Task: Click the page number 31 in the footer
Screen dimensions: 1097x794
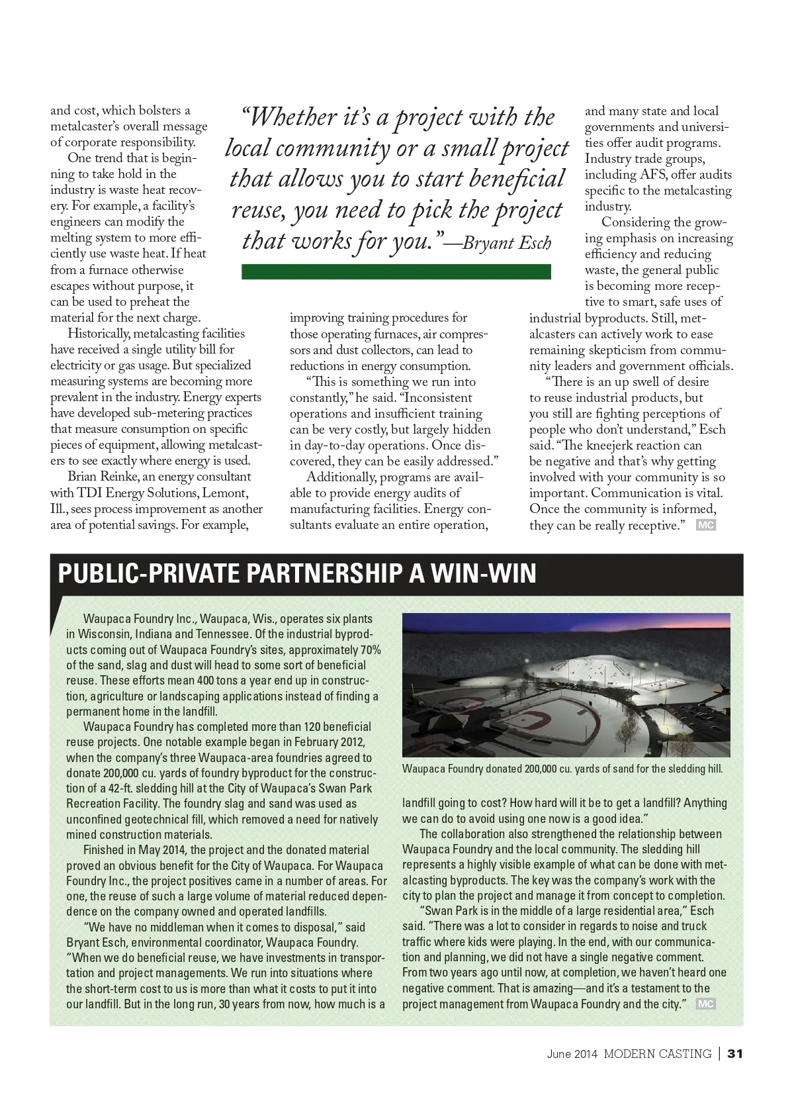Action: (735, 1053)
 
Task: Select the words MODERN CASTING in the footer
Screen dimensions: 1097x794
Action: (657, 1053)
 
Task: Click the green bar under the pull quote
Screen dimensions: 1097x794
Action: (396, 271)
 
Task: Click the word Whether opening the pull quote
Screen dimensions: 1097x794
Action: (292, 117)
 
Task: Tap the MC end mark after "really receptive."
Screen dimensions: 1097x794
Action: (706, 525)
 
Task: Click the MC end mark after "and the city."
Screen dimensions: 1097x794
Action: (706, 1004)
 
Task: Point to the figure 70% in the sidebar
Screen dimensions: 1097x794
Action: (371, 649)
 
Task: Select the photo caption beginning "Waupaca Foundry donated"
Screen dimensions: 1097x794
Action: (562, 769)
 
